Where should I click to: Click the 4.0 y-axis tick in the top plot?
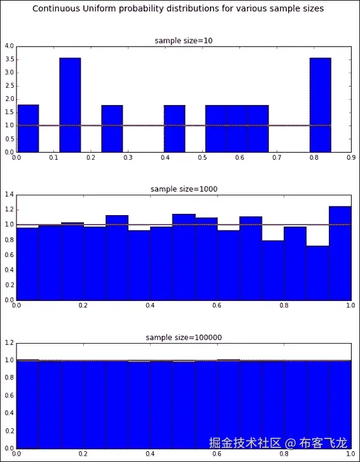point(9,46)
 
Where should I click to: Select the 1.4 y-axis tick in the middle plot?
point(9,194)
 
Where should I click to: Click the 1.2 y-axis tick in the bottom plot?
point(9,342)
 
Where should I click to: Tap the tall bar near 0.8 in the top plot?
point(320,105)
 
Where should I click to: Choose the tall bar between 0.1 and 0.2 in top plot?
point(70,105)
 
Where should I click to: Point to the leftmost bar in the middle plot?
point(27,263)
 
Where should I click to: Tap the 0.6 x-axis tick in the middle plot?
point(217,306)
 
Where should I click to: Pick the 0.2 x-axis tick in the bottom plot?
point(83,454)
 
